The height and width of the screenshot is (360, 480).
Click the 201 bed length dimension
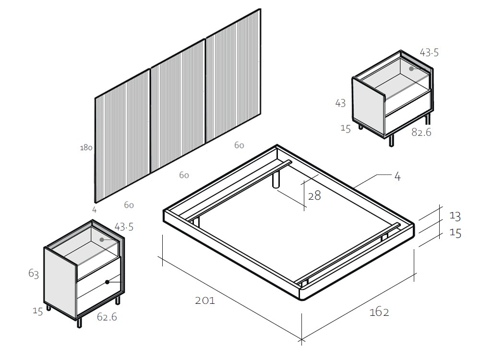point(205,300)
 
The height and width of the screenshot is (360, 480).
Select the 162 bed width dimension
point(379,312)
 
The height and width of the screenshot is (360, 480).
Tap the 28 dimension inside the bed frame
point(314,196)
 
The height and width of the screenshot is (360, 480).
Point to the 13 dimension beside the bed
point(455,216)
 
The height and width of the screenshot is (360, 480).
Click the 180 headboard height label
point(86,147)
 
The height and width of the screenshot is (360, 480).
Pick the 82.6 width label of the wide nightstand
point(421,132)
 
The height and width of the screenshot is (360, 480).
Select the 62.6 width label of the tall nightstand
point(107,317)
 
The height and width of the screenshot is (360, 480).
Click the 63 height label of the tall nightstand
point(34,274)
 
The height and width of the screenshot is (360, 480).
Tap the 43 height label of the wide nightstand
point(340,103)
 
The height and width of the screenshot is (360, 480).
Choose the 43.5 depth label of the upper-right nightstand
point(429,53)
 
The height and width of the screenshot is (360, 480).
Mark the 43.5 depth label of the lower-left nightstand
point(124,227)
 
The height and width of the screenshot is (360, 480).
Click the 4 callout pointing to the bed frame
point(397,177)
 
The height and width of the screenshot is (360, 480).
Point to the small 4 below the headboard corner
point(94,210)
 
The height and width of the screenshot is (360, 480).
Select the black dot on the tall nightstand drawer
point(108,282)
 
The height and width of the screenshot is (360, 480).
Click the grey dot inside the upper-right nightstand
point(411,69)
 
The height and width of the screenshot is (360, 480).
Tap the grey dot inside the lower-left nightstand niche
point(102,240)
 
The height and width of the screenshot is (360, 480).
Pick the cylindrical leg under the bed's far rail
point(276,180)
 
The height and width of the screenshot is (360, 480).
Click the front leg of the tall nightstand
point(79,323)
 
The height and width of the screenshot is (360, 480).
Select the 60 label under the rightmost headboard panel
point(239,145)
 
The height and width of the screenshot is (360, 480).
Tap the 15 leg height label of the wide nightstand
point(346,128)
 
